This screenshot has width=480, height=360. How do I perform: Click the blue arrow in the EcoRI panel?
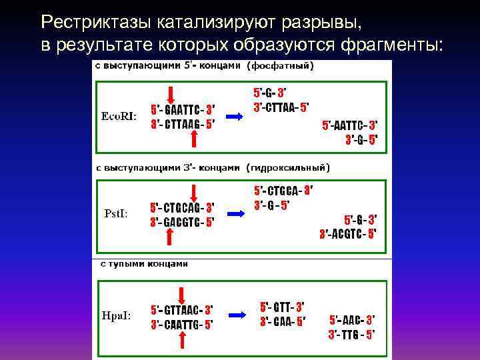[x=235, y=116]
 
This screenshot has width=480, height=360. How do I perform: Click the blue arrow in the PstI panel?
[x=235, y=214]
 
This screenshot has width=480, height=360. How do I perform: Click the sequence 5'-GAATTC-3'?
[x=182, y=109]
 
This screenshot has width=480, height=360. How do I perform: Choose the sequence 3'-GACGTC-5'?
[x=182, y=222]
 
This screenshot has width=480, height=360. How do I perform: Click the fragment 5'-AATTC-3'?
[x=349, y=125]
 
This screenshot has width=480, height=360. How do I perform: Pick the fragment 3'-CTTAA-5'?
[x=281, y=107]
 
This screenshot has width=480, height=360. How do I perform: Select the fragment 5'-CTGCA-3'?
[x=283, y=191]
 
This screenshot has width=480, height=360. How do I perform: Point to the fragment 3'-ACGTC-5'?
[x=347, y=233]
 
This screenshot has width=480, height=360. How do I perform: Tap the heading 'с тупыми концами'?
[x=144, y=263]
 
